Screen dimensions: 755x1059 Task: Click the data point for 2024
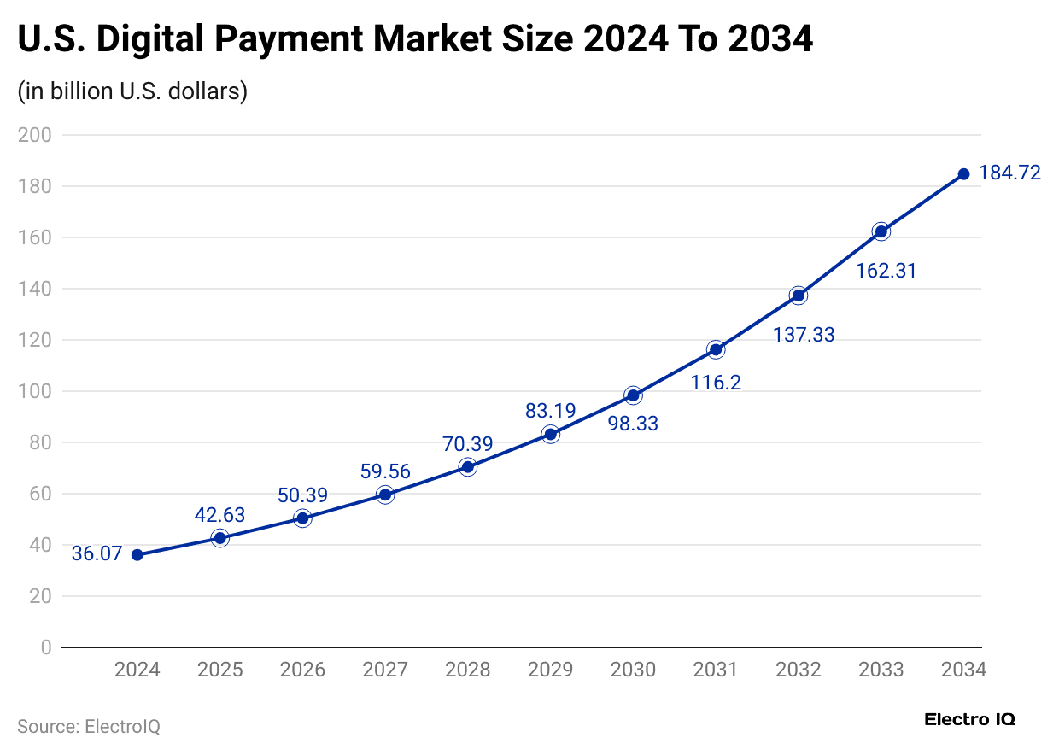pyautogui.click(x=137, y=555)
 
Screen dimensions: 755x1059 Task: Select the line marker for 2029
pyautogui.click(x=551, y=435)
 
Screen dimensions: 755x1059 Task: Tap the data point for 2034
pyautogui.click(x=963, y=174)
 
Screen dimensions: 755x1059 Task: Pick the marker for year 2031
pyautogui.click(x=716, y=350)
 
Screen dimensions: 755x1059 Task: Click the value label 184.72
pyautogui.click(x=1009, y=173)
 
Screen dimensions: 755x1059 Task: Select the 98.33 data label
pyautogui.click(x=633, y=423)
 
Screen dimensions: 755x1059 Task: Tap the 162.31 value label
pyautogui.click(x=886, y=271)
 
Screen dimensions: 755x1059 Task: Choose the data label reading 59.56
pyautogui.click(x=385, y=471)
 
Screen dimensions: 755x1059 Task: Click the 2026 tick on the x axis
pyautogui.click(x=302, y=670)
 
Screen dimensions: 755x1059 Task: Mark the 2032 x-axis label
pyautogui.click(x=799, y=670)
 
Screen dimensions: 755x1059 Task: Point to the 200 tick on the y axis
pyautogui.click(x=35, y=135)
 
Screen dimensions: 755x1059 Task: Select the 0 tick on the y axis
pyautogui.click(x=45, y=647)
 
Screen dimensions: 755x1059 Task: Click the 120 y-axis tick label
pyautogui.click(x=35, y=340)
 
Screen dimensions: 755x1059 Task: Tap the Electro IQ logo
pyautogui.click(x=969, y=719)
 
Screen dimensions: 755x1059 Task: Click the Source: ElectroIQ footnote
pyautogui.click(x=89, y=727)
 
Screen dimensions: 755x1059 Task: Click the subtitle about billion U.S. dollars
pyautogui.click(x=132, y=91)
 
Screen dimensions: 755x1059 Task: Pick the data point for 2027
pyautogui.click(x=385, y=495)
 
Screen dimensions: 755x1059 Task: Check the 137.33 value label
pyautogui.click(x=804, y=335)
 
